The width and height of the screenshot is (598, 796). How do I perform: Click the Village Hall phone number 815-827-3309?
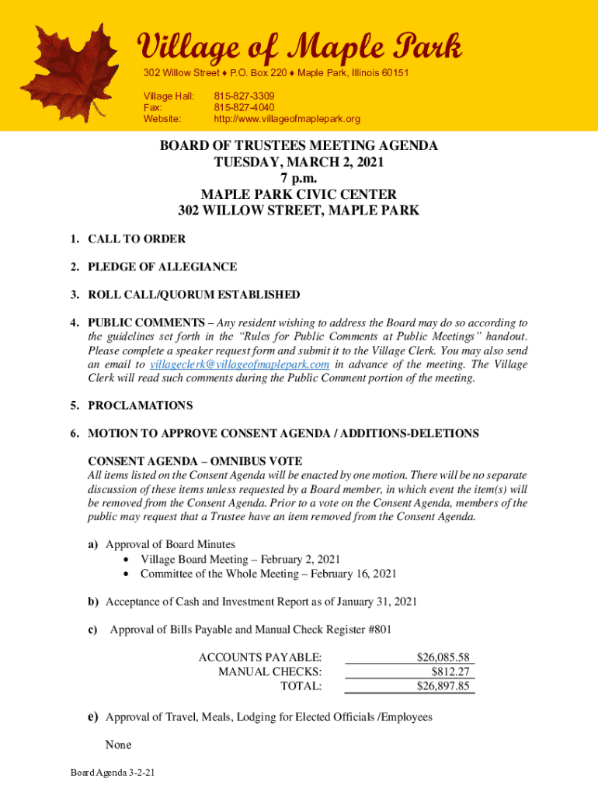tap(244, 96)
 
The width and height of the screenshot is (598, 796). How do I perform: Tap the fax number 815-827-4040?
tap(244, 107)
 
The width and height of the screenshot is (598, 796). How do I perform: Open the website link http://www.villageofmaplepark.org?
tap(287, 119)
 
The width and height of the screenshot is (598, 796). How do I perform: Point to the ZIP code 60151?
tap(392, 72)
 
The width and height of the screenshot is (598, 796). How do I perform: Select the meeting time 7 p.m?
tap(298, 178)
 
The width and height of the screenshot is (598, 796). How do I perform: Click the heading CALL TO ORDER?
tap(136, 239)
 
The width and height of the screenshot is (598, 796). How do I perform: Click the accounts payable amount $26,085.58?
tap(443, 657)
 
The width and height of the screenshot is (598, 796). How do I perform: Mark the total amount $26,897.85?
tap(443, 686)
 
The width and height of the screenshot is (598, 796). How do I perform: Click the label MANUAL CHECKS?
tap(270, 672)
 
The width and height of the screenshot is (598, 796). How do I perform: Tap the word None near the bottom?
tap(118, 745)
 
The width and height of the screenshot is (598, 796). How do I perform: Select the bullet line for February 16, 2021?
tap(268, 574)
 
